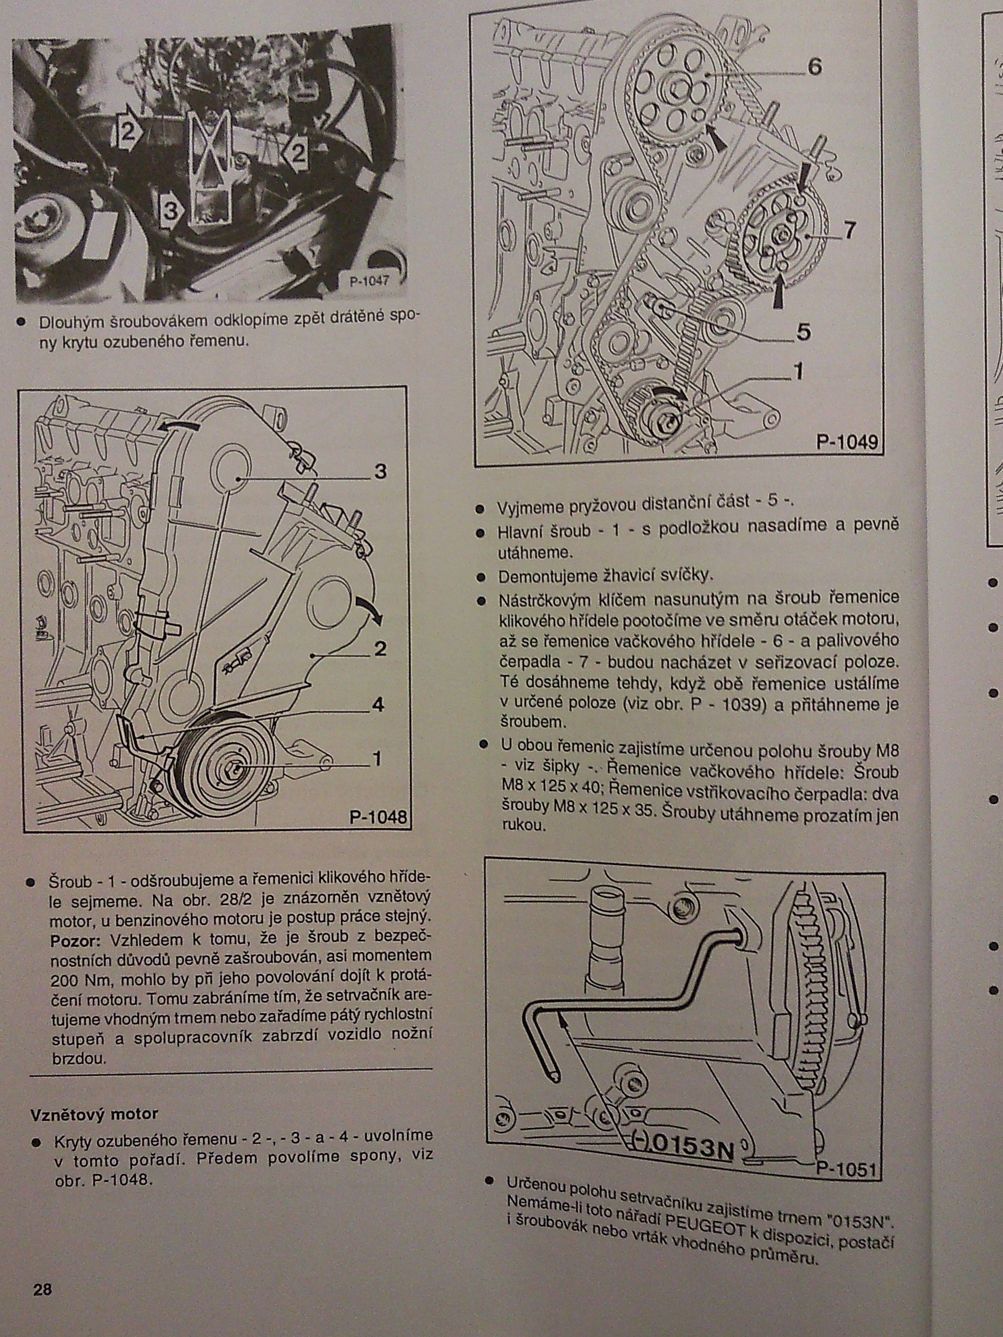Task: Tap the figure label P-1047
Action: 370,280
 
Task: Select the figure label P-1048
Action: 378,817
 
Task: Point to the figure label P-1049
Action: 846,442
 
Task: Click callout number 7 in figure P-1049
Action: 849,230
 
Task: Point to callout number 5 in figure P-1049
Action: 803,332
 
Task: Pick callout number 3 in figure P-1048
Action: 380,472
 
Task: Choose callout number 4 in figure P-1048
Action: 378,705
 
